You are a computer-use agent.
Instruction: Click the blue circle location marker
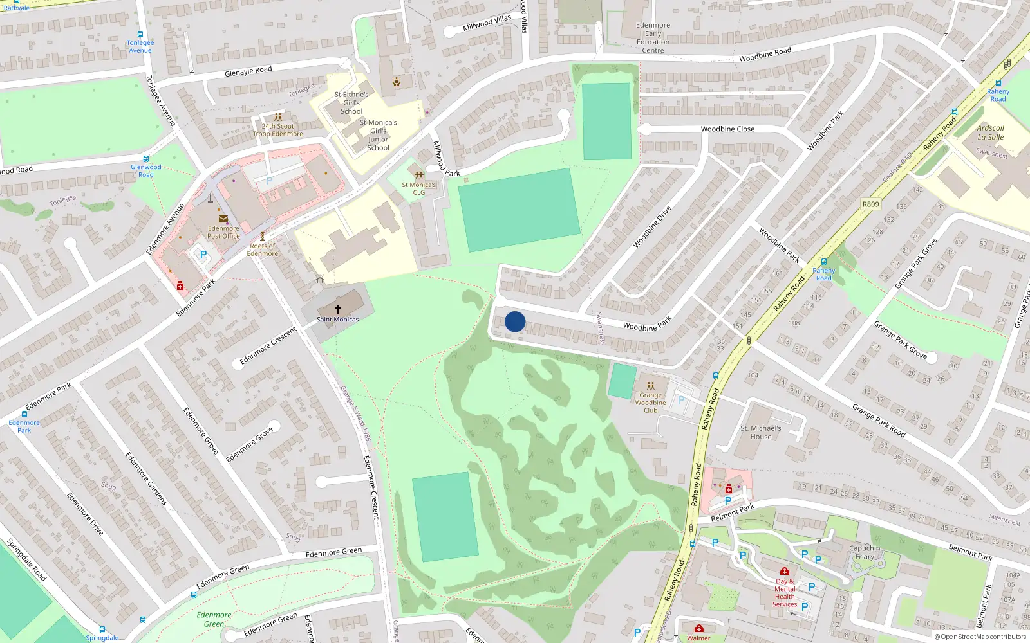(x=515, y=321)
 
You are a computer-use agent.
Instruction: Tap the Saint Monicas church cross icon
(x=338, y=309)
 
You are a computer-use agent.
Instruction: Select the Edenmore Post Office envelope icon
(x=223, y=219)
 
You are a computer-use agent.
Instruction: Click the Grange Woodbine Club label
(x=650, y=403)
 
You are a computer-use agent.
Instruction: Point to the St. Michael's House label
(x=760, y=432)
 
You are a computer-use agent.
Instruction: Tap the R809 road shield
(x=870, y=204)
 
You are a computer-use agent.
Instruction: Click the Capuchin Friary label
(x=865, y=552)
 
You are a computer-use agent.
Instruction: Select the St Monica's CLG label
(x=419, y=188)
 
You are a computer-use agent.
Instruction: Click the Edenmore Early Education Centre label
(x=653, y=38)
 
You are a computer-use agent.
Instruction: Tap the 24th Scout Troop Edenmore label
(x=277, y=130)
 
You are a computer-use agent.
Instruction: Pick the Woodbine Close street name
(x=727, y=129)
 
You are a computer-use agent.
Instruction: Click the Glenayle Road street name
(x=248, y=71)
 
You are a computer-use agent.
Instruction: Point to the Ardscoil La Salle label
(x=991, y=132)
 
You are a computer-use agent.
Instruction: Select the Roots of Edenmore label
(x=263, y=249)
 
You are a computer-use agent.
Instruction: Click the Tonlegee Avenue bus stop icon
(x=140, y=35)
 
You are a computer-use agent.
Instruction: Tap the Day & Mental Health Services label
(x=785, y=592)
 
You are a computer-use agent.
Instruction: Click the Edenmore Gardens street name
(x=146, y=478)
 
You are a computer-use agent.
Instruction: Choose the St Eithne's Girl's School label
(x=351, y=103)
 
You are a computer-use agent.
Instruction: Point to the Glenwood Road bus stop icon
(x=146, y=159)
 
